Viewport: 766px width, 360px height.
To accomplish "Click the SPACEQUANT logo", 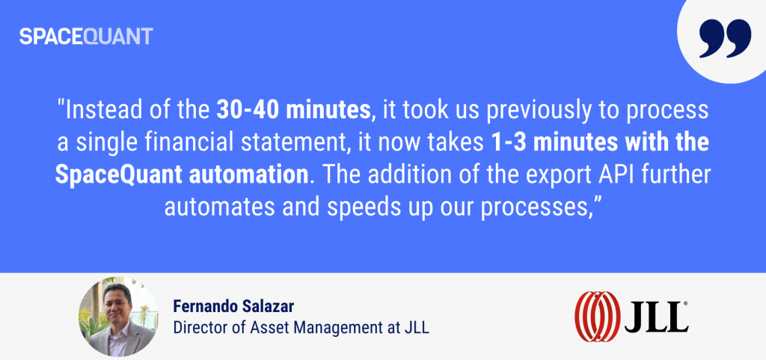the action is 86,37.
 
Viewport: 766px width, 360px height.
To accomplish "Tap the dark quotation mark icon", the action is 725,39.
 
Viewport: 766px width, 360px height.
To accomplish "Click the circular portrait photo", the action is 118,317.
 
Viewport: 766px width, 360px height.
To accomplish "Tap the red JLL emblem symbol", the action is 598,317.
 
